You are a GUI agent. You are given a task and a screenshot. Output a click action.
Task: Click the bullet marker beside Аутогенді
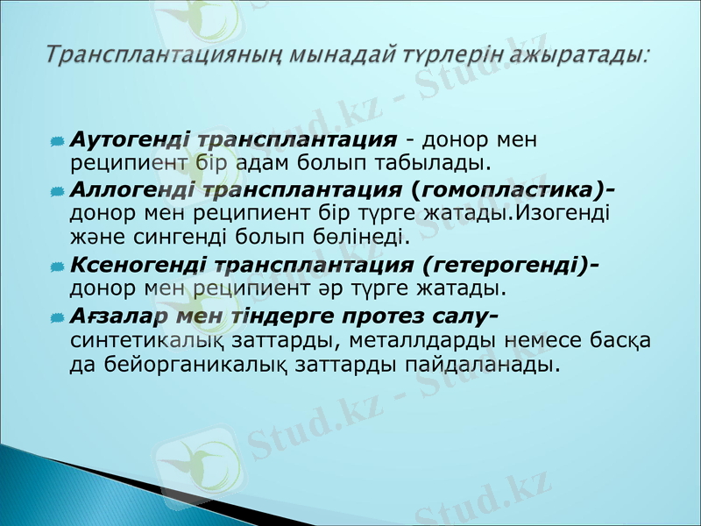tap(57, 141)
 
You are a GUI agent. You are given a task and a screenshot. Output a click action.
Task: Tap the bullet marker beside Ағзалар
tap(57, 316)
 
